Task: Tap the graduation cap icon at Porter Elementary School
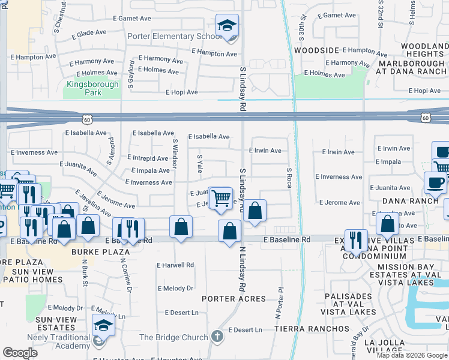coord(226,26)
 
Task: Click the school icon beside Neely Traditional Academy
coord(103,325)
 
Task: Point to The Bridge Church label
coord(173,337)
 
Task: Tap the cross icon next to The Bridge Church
coord(217,337)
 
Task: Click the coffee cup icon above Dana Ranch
coord(435,182)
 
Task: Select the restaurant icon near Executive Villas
coord(356,240)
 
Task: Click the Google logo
coord(20,352)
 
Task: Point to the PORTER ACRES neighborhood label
coord(234,299)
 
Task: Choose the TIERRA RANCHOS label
coord(312,329)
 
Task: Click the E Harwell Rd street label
coord(175,265)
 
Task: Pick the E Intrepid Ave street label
coord(148,158)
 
